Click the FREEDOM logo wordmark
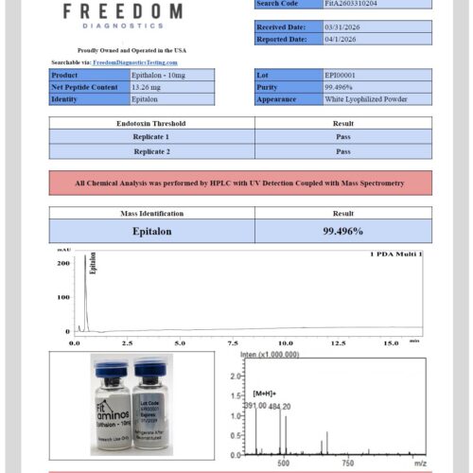coord(123,11)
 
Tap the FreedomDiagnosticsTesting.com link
coord(135,62)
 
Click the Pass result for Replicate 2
coord(343,151)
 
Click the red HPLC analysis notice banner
coord(240,183)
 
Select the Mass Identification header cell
coord(151,214)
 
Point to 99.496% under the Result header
coord(343,231)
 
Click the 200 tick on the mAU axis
coord(64,263)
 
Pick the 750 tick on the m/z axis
coord(347,464)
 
